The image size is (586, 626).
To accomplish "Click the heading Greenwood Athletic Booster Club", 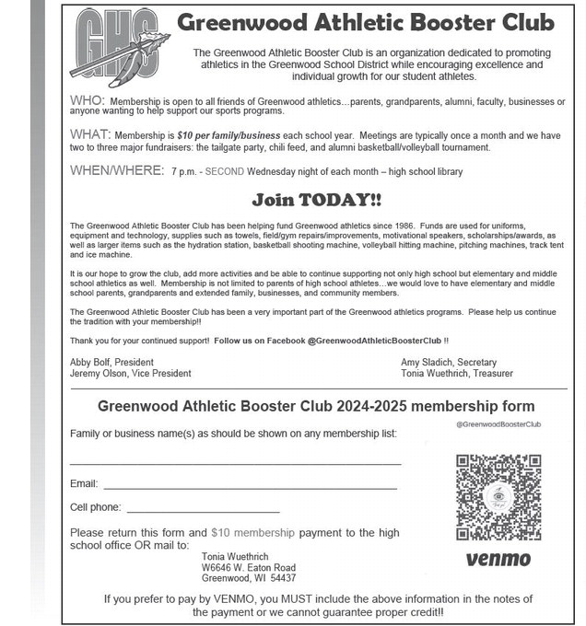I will click(366, 22).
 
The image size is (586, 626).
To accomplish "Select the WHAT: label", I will click(90, 134).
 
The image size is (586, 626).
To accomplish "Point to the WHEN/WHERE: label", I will click(116, 170).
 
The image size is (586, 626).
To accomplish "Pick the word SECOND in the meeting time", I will click(224, 172).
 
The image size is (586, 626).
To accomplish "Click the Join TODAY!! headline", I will click(316, 200).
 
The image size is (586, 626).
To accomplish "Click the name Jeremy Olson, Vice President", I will click(131, 374).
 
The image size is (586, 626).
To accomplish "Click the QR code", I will click(498, 497).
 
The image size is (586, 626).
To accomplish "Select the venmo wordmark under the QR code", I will click(498, 559).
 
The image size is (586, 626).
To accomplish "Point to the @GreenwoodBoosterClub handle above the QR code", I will click(498, 424).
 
